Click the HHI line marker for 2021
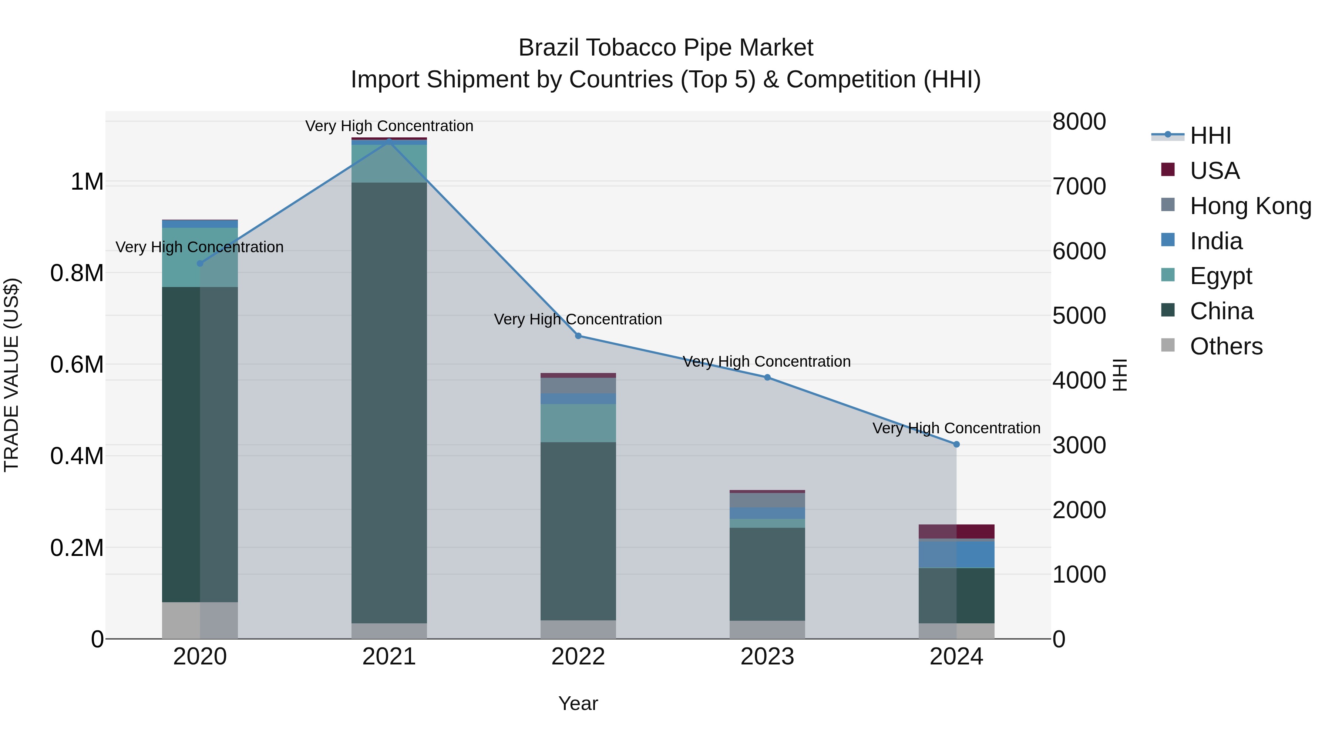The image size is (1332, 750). [x=389, y=141]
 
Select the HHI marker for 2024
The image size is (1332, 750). [x=956, y=444]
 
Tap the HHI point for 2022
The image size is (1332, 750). [x=578, y=336]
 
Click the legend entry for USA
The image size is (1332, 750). [x=1215, y=171]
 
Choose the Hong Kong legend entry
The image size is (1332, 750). [x=1250, y=206]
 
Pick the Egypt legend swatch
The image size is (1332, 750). [x=1168, y=275]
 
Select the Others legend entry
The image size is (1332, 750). [x=1226, y=346]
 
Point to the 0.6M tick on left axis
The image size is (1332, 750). [x=77, y=364]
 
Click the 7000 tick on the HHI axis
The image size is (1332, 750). [x=1079, y=186]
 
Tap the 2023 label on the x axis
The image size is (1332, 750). [x=767, y=657]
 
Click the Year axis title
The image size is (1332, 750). [x=578, y=703]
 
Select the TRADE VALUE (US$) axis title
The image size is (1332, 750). [x=11, y=375]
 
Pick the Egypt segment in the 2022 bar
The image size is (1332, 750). [x=578, y=423]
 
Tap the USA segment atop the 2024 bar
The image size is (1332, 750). [x=956, y=531]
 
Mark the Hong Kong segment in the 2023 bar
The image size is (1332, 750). [x=767, y=500]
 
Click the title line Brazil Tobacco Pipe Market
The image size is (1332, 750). [x=666, y=48]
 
